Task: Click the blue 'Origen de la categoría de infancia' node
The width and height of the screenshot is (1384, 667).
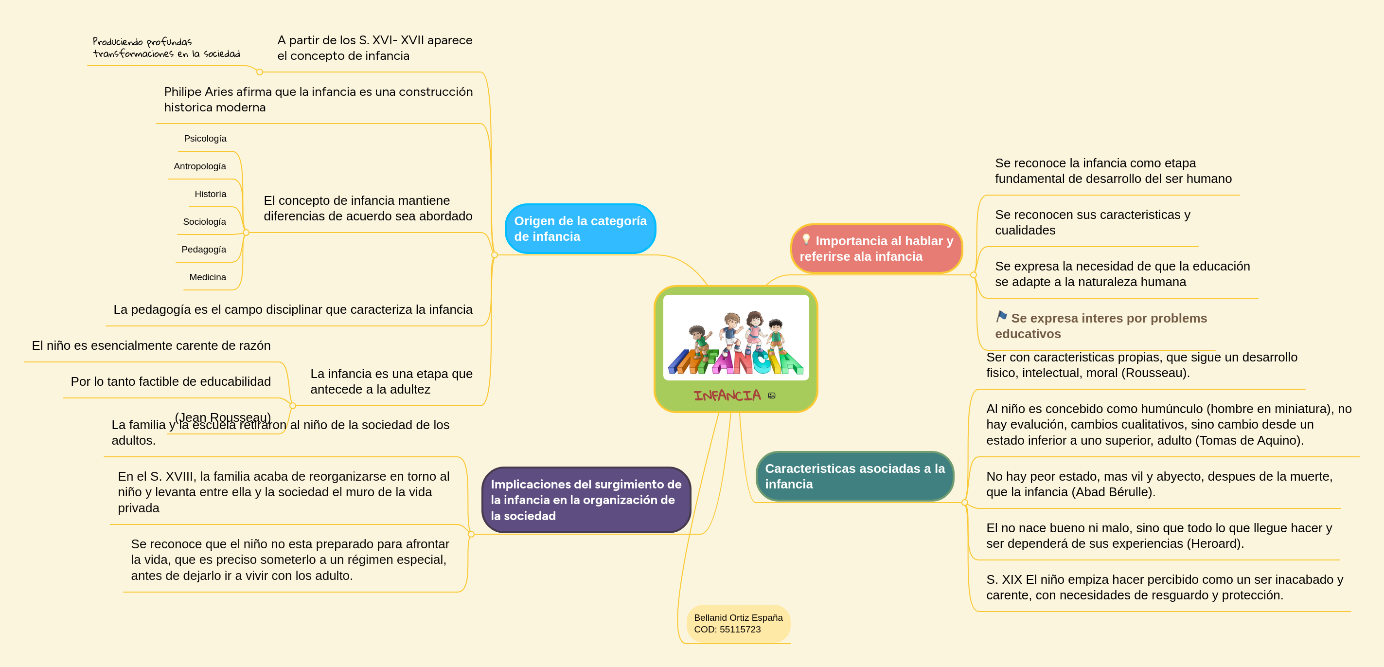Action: [580, 229]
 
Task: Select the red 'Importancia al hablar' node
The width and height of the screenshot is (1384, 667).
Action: [876, 248]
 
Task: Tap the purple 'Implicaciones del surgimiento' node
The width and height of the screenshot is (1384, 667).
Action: [586, 500]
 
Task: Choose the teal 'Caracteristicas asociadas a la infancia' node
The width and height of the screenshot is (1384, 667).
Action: [855, 476]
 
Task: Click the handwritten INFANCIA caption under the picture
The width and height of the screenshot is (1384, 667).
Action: [727, 396]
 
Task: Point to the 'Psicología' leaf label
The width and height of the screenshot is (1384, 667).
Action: [205, 139]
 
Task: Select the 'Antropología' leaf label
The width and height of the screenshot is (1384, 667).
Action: [200, 166]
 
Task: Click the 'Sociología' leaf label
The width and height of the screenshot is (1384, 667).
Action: [205, 221]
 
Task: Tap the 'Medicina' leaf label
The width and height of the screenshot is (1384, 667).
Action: [208, 277]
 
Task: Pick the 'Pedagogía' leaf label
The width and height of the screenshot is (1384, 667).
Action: [204, 250]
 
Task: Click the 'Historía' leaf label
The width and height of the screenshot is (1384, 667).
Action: [211, 194]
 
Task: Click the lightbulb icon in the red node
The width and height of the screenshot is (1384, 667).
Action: [806, 239]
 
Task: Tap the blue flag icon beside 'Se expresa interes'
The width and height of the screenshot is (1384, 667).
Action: [1001, 317]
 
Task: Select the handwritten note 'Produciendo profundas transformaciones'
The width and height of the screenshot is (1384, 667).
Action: [166, 47]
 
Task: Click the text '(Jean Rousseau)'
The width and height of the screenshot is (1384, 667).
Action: [223, 417]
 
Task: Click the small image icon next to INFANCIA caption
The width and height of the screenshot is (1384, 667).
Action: [772, 396]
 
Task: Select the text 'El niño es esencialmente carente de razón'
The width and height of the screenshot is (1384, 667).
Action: [151, 345]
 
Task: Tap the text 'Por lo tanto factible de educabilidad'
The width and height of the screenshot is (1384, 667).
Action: [171, 381]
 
